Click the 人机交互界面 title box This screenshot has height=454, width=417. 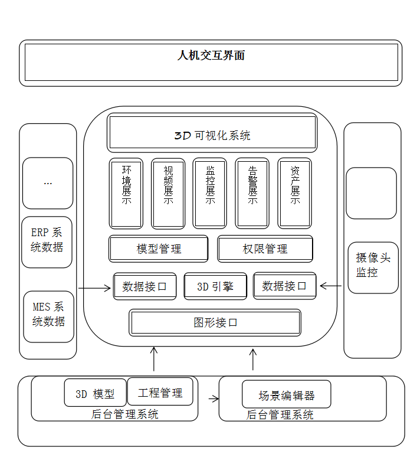[211, 63]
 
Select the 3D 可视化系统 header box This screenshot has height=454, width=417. [212, 135]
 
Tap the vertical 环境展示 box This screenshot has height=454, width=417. [126, 193]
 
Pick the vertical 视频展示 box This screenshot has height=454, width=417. [168, 193]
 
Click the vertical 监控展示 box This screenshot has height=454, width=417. [210, 193]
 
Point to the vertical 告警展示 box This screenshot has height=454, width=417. [252, 193]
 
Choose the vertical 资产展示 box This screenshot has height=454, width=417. [295, 193]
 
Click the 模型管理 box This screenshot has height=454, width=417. [159, 249]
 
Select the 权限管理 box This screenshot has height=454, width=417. [265, 249]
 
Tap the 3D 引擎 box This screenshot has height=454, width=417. [215, 286]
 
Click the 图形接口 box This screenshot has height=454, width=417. [215, 323]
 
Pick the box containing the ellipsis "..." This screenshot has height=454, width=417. [48, 183]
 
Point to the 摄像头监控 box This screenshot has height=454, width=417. [373, 267]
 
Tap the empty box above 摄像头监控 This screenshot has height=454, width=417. [371, 193]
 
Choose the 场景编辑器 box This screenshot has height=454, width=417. [287, 394]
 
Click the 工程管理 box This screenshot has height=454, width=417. [160, 392]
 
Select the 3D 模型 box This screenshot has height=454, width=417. [95, 393]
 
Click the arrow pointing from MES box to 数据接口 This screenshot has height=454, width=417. [94, 289]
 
